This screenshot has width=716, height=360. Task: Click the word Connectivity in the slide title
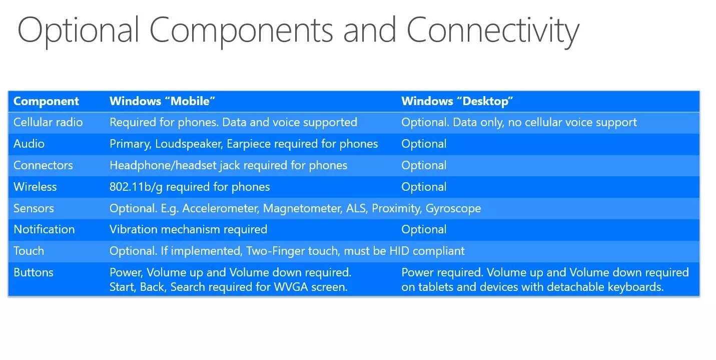coord(492,30)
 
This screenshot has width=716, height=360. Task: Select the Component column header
coord(46,101)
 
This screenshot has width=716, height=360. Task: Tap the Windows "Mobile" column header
coord(162,101)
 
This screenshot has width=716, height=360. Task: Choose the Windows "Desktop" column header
coord(457,101)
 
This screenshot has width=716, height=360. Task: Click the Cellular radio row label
coord(48,122)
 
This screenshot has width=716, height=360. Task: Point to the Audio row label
coord(29,144)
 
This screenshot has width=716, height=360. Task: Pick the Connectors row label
coord(43,165)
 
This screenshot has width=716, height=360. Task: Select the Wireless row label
coord(35,187)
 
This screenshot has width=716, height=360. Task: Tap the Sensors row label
coord(34,208)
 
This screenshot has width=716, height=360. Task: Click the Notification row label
coord(44,229)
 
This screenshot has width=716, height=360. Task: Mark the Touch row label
coord(29,251)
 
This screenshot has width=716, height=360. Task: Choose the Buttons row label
coord(34,272)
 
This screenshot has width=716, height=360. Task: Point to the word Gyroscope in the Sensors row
coord(453,208)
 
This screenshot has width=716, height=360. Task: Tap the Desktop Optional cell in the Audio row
coord(424,144)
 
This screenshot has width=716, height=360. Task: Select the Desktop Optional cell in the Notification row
coord(424,229)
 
